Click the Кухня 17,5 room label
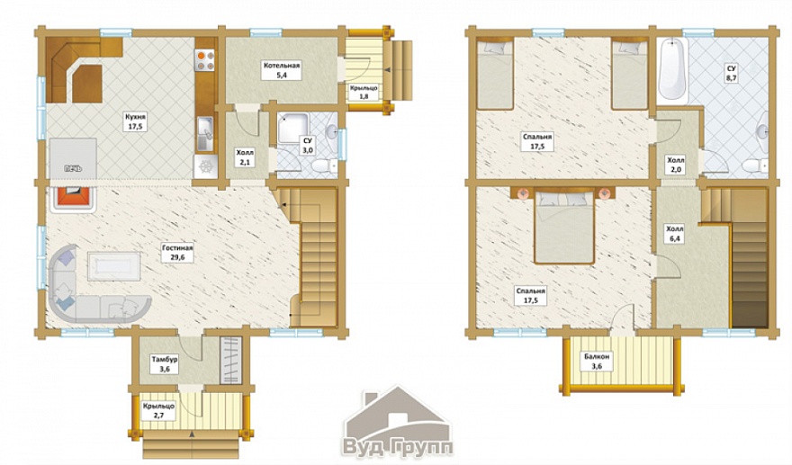click(135, 121)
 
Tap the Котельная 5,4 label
click(282, 70)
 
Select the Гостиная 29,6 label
click(178, 252)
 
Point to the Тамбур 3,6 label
click(165, 364)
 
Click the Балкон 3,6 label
click(597, 361)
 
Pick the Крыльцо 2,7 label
click(158, 410)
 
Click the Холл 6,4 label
click(675, 234)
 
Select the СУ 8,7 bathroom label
click(731, 73)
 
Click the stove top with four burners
click(205, 60)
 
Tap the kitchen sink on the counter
click(205, 134)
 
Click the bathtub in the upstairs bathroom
click(673, 71)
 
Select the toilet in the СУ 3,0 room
click(324, 165)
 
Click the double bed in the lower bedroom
click(564, 227)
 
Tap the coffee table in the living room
click(114, 266)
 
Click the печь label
click(73, 168)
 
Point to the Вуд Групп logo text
click(398, 447)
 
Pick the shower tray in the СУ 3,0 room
click(292, 129)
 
